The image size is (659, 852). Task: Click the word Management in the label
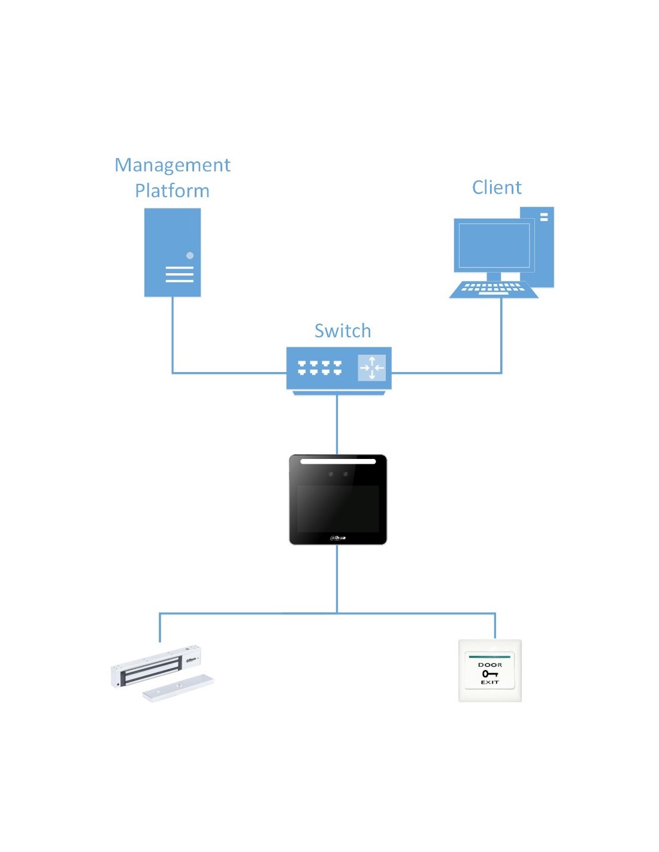[x=173, y=165]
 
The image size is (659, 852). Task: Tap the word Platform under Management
[x=172, y=191]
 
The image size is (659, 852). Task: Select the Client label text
[x=497, y=188]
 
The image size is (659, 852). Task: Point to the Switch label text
[x=343, y=331]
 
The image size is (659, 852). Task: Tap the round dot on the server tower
[x=190, y=255]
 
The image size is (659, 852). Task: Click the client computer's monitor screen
[x=494, y=246]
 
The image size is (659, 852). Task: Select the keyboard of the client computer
[x=493, y=289]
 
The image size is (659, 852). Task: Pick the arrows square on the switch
[x=371, y=368]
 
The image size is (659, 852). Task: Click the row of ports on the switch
[x=319, y=367]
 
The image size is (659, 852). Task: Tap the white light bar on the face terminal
[x=338, y=461]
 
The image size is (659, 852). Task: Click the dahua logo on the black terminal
[x=338, y=537]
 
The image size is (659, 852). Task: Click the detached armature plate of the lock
[x=178, y=688]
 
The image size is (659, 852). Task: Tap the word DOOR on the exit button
[x=490, y=665]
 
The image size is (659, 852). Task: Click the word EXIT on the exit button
[x=489, y=682]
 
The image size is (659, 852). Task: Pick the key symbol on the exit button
[x=489, y=673]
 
